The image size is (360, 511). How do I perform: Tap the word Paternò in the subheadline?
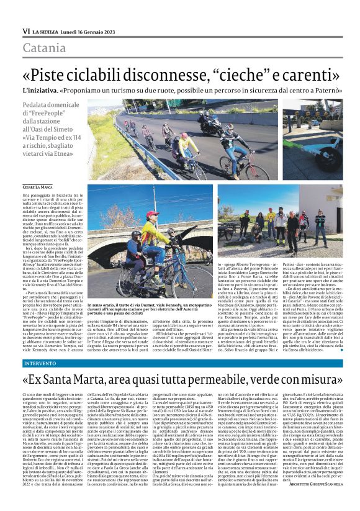320,90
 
